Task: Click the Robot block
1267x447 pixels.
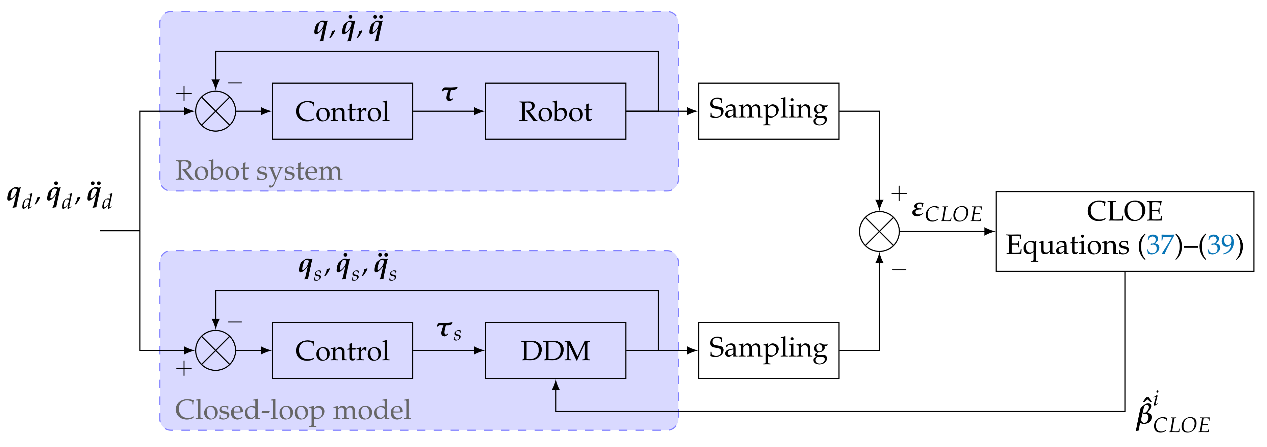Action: pos(555,111)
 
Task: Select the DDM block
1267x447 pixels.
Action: pos(555,351)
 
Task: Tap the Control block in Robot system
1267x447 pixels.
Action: pos(342,111)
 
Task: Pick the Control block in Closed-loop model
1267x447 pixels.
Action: pos(342,351)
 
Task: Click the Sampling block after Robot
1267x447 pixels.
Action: pos(768,111)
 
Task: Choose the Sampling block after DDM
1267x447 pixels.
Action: pos(768,351)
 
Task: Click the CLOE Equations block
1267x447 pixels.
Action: pos(1124,231)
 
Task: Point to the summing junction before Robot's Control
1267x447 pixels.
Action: pos(215,111)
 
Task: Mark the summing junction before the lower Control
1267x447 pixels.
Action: pos(215,351)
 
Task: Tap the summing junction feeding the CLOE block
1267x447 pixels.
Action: pos(879,231)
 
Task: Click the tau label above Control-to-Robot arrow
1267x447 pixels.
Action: pos(449,93)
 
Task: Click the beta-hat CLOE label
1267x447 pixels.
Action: pos(1172,416)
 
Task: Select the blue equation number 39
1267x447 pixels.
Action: pos(1221,245)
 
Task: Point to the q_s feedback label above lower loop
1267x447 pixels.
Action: pos(347,268)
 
